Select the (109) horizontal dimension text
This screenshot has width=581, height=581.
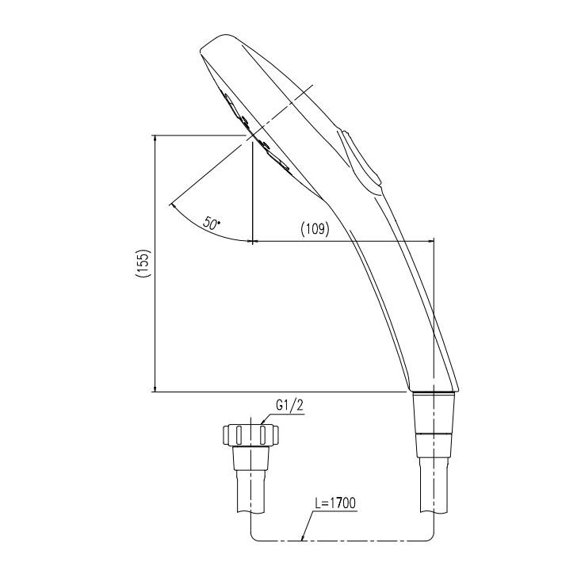[x=315, y=229]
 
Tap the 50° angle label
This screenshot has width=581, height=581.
[x=212, y=224]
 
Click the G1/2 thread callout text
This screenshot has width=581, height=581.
[x=287, y=405]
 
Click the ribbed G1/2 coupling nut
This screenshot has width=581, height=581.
[x=251, y=434]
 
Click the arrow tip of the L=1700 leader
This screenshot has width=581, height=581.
[x=304, y=541]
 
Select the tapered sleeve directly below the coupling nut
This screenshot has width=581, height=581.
[x=251, y=461]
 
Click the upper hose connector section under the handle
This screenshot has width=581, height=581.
[x=434, y=412]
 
